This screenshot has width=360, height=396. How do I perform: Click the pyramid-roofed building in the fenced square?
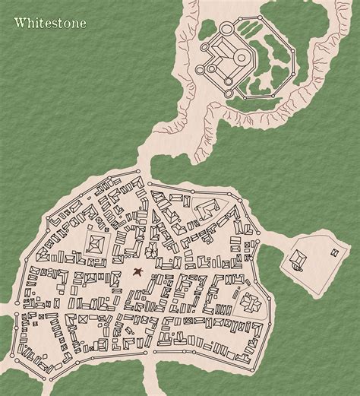[x=96, y=244]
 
